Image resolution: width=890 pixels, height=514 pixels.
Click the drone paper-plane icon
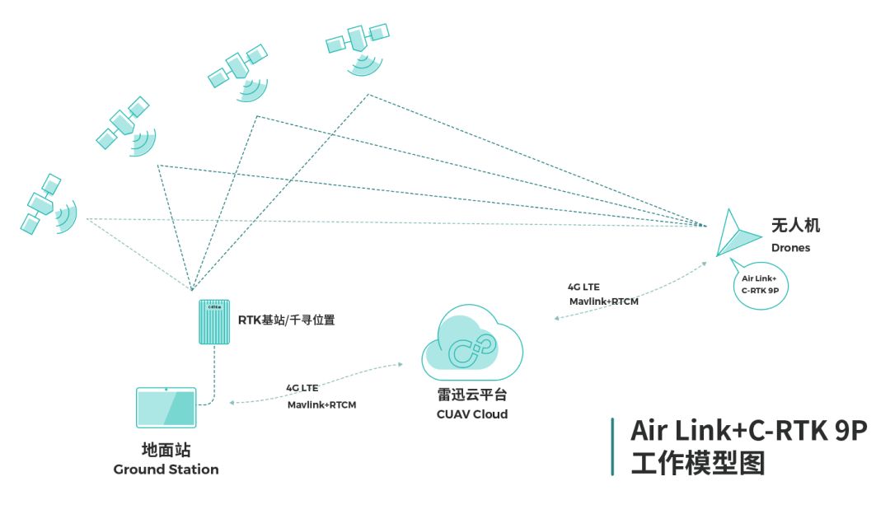pos(733,234)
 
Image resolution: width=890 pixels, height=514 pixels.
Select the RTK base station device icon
pos(216,322)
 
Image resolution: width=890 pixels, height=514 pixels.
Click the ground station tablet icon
pos(166,408)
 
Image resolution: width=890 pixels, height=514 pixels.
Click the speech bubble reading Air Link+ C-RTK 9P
pos(759,285)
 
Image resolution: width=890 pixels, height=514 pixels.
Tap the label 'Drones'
pos(790,248)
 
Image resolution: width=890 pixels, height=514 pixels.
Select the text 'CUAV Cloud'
pos(472,414)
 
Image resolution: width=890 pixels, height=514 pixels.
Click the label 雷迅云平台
pos(472,395)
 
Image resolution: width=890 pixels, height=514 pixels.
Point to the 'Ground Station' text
pos(166,470)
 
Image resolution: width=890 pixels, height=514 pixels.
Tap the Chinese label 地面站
pos(166,451)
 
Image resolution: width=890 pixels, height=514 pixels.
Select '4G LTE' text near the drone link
pos(583,287)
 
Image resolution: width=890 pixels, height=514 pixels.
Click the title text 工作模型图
pos(697,463)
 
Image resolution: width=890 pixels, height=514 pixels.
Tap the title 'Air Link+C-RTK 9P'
pos(748,431)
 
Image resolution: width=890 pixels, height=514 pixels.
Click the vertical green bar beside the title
pos(612,446)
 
